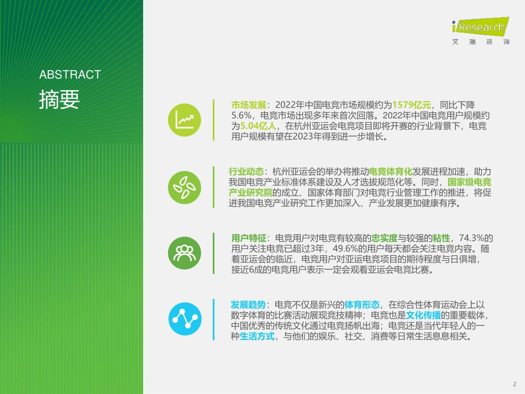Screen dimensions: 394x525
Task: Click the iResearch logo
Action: point(479,30)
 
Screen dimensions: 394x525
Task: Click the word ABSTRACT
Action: point(70,75)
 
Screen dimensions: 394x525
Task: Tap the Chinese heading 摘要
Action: point(59,99)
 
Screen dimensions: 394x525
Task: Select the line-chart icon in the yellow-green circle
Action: point(185,119)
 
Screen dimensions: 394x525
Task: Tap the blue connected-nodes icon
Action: point(185,319)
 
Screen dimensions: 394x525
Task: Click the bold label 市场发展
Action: point(249,104)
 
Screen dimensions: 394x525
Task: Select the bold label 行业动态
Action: point(246,171)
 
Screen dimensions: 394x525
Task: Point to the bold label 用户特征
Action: point(249,238)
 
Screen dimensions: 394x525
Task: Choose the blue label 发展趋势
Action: point(248,304)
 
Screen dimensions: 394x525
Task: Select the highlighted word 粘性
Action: point(441,238)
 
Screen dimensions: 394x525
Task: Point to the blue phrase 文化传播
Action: point(423,316)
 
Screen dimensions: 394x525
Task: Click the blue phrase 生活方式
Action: point(257,337)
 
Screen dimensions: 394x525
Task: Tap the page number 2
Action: point(514,384)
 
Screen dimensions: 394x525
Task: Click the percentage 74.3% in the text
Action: point(469,238)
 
